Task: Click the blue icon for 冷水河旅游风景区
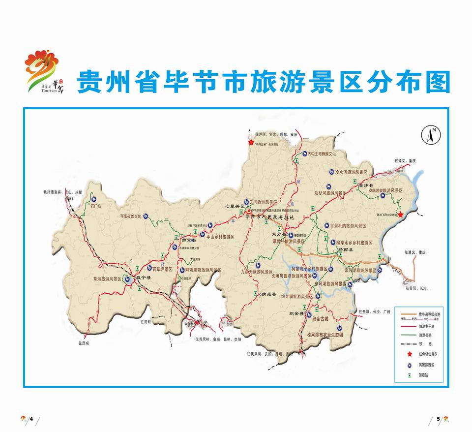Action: pos(331,172)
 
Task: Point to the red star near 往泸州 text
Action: pos(251,142)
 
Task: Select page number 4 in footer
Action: pos(31,419)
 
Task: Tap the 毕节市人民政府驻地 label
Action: pos(272,217)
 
